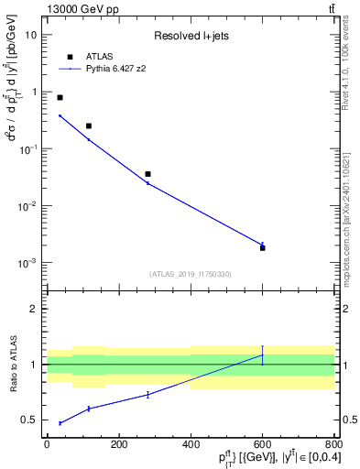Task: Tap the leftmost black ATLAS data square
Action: tap(60, 97)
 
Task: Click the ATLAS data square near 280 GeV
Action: tap(147, 174)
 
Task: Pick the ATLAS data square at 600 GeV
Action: tap(263, 248)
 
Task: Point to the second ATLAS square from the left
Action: tap(89, 125)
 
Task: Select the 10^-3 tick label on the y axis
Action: tap(27, 263)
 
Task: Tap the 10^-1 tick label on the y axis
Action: tap(27, 148)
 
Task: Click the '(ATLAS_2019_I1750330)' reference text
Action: tap(191, 274)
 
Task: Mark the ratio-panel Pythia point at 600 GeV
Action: tap(263, 355)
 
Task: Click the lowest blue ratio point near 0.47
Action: tap(60, 423)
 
